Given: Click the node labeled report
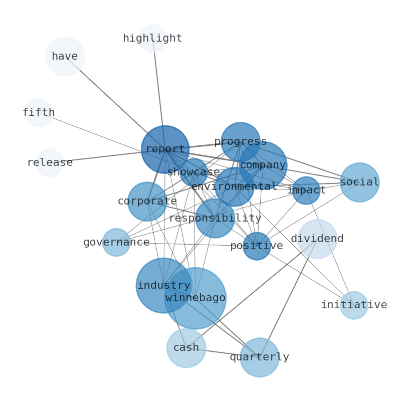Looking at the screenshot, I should click(x=165, y=149).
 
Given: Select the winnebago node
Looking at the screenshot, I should click(x=195, y=298).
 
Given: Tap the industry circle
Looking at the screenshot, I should click(x=163, y=285).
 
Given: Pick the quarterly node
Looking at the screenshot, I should click(x=259, y=357).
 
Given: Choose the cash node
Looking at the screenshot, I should click(x=186, y=348).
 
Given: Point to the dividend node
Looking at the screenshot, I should click(x=317, y=239).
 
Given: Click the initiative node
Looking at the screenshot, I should click(x=354, y=305).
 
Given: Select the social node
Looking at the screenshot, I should click(x=359, y=182).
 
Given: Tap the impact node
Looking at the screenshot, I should click(x=306, y=190).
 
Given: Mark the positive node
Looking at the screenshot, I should click(x=257, y=246).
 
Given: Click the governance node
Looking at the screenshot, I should click(x=116, y=243).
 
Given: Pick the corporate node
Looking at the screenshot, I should click(x=147, y=202).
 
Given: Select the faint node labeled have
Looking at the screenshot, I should click(x=65, y=56).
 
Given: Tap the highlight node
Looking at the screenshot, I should click(x=152, y=39).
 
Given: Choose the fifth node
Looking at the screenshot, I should click(x=39, y=113).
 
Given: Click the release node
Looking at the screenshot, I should click(x=50, y=163).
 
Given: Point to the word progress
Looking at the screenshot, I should click(x=241, y=142).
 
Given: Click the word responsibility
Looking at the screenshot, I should click(x=215, y=219).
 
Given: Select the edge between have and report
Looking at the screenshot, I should click(x=115, y=103).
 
